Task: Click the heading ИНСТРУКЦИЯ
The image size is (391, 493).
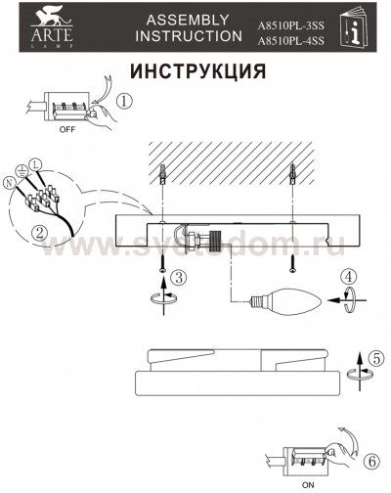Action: tap(196, 72)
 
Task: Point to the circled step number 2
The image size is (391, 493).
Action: tap(39, 233)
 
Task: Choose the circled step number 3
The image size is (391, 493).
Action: tap(177, 277)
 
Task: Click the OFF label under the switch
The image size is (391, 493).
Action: tap(67, 128)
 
